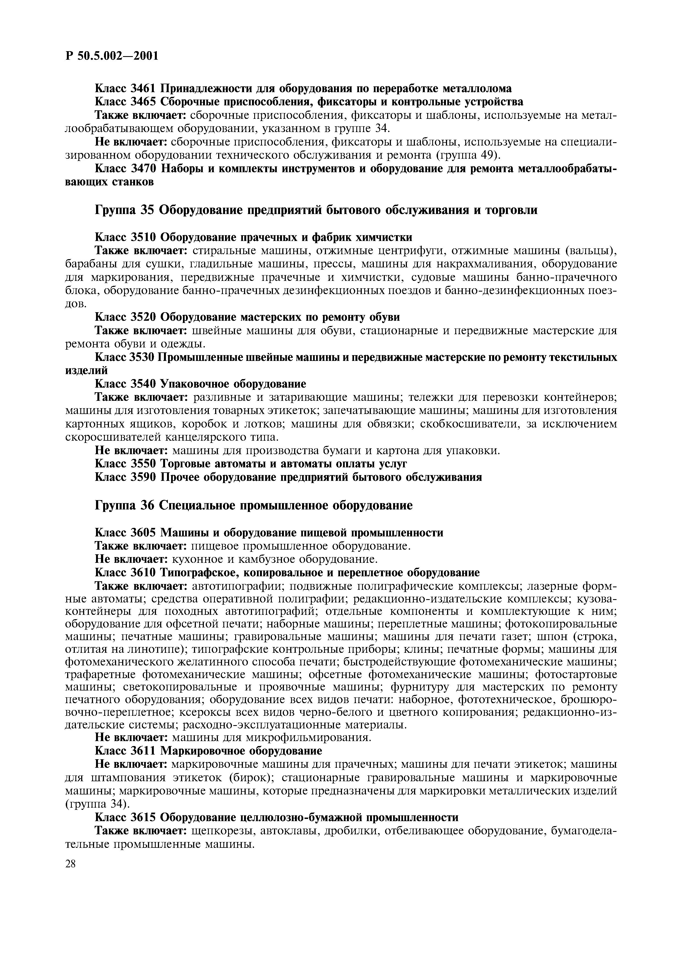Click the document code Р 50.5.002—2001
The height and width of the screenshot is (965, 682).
pos(112,56)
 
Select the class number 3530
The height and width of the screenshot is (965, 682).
pos(143,357)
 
